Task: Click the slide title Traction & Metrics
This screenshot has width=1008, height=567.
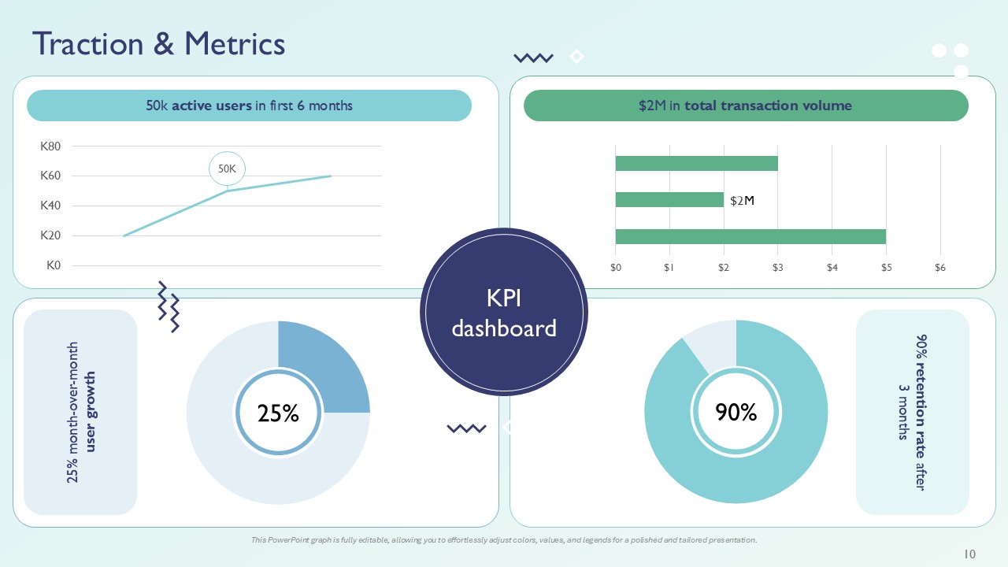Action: pyautogui.click(x=158, y=44)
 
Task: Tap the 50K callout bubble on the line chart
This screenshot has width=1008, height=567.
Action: pyautogui.click(x=227, y=168)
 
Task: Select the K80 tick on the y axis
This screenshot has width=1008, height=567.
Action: pyautogui.click(x=50, y=146)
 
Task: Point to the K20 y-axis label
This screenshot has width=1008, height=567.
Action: pyautogui.click(x=50, y=235)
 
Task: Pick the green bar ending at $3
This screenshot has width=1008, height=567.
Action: pyautogui.click(x=696, y=163)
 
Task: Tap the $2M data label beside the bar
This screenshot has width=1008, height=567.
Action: pyautogui.click(x=742, y=201)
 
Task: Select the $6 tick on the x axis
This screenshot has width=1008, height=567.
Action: pyautogui.click(x=939, y=268)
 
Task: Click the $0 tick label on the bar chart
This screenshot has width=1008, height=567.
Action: pyautogui.click(x=616, y=268)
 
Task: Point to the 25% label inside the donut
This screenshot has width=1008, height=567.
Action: pyautogui.click(x=278, y=413)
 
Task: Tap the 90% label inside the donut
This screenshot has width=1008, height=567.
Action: pyautogui.click(x=736, y=412)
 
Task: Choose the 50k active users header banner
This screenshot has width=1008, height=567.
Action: pyautogui.click(x=249, y=106)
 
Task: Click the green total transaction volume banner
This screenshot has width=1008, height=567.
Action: pyautogui.click(x=745, y=106)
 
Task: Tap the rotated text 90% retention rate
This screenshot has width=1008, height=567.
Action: pyautogui.click(x=913, y=411)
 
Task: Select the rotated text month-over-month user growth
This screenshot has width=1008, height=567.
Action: pyautogui.click(x=81, y=411)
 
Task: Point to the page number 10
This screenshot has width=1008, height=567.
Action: pyautogui.click(x=969, y=554)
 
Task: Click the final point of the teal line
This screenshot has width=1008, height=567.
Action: pyautogui.click(x=331, y=176)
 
